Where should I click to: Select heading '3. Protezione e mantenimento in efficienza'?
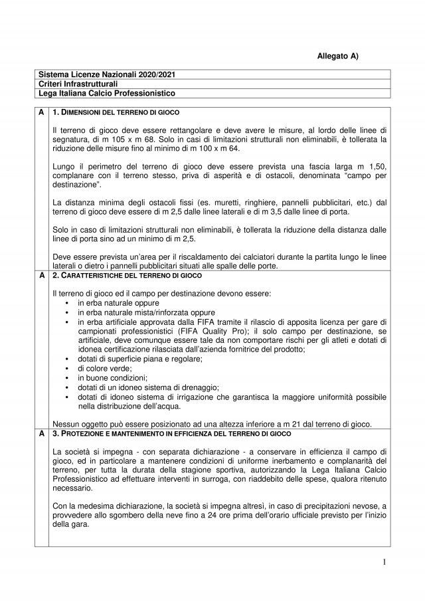(156, 433)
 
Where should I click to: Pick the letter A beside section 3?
(41, 433)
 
